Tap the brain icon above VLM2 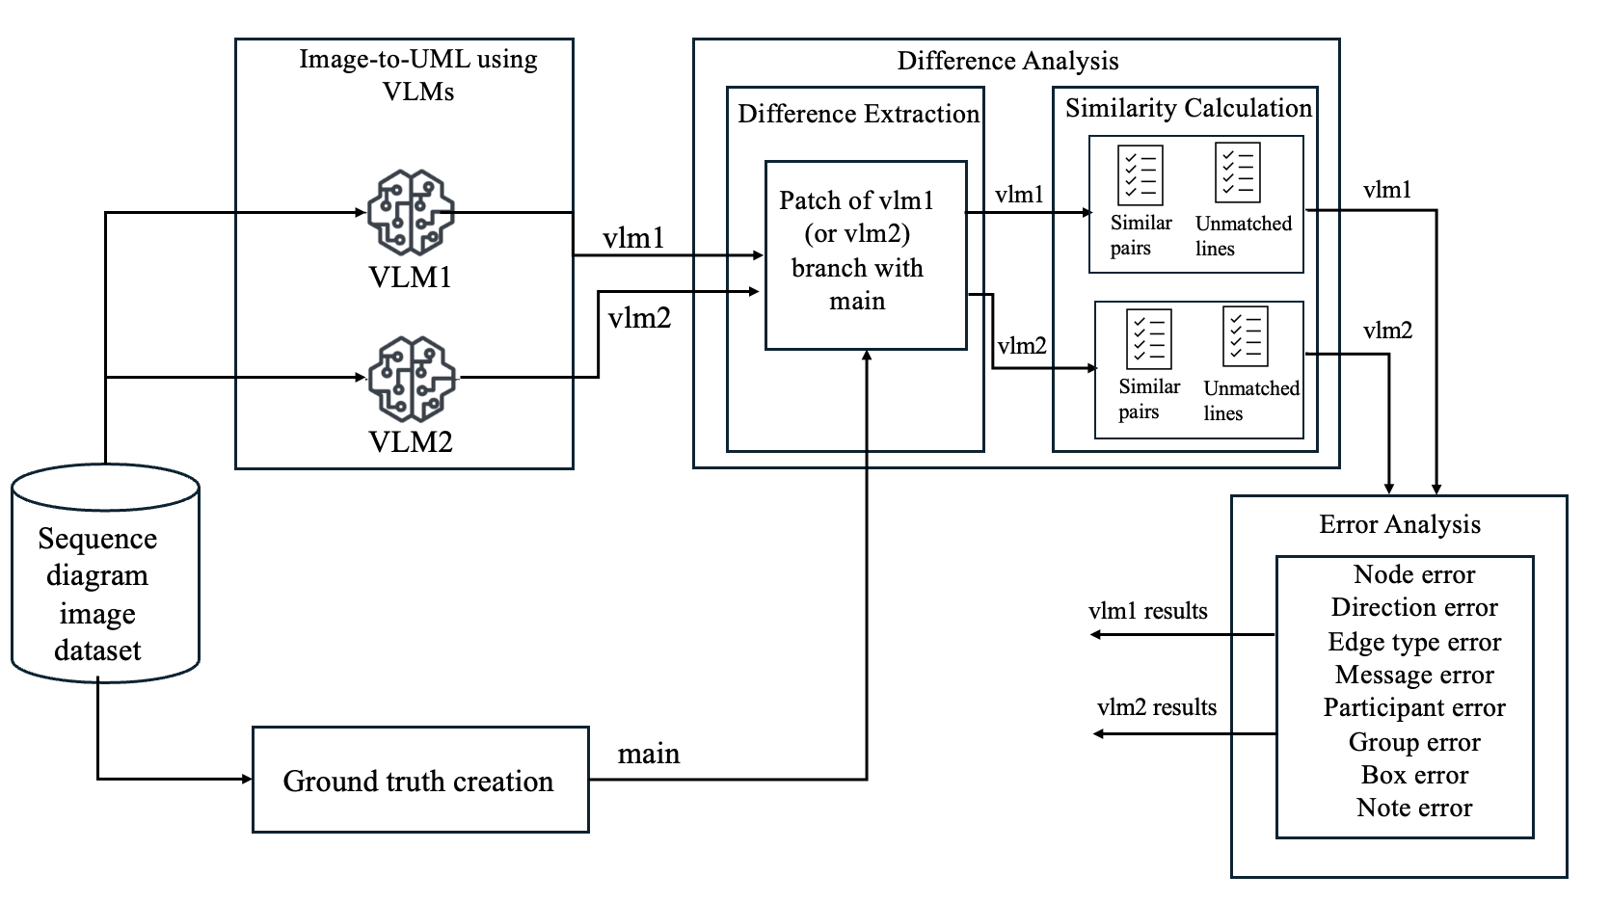click(412, 378)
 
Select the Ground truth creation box click(419, 780)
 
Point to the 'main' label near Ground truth click(648, 754)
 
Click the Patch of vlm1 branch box click(865, 253)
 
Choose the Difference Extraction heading click(857, 114)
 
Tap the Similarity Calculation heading click(1188, 108)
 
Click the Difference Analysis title click(1007, 61)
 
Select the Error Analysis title click(1399, 524)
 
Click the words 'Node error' click(1413, 574)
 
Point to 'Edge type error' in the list click(1413, 642)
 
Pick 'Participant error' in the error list click(1413, 707)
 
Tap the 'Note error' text click(1413, 808)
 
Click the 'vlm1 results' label click(1147, 611)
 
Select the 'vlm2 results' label click(1156, 707)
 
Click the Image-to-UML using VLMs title click(418, 74)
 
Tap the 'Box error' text click(1413, 775)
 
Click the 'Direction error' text click(1413, 607)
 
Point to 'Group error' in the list click(1413, 742)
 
